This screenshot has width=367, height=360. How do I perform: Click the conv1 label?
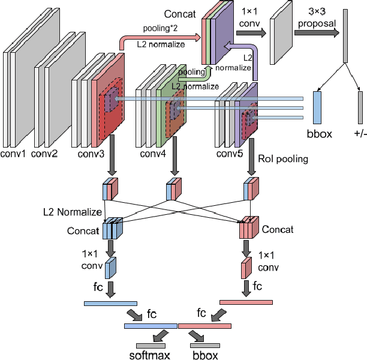point(14,154)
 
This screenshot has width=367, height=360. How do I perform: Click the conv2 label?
point(44,154)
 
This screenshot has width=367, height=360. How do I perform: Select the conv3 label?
point(92,154)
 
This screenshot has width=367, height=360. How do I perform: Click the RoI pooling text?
point(283,160)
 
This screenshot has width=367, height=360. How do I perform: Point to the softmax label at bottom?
point(150,355)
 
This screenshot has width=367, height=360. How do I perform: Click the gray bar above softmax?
point(151,345)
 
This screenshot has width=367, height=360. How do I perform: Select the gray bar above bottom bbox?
point(205,345)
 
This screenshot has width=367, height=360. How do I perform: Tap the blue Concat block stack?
point(112,229)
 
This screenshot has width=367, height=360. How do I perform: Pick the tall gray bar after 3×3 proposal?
point(345,36)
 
